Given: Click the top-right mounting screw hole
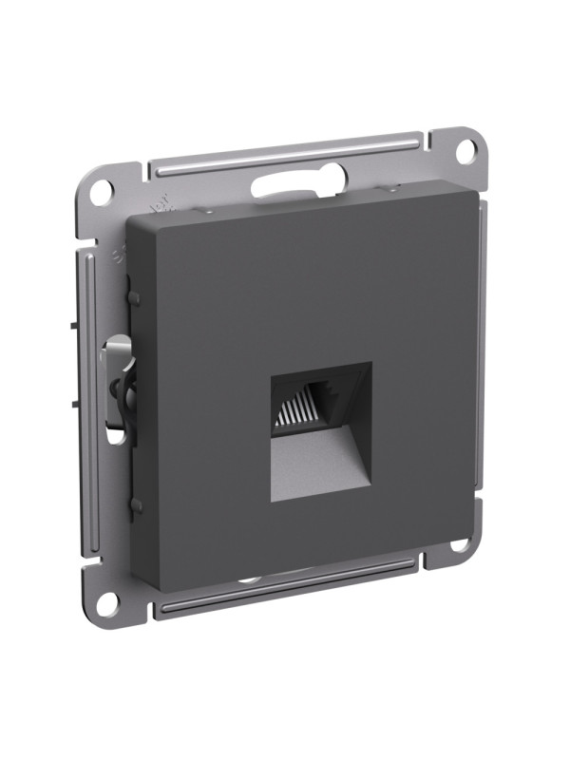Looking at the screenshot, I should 464,149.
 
